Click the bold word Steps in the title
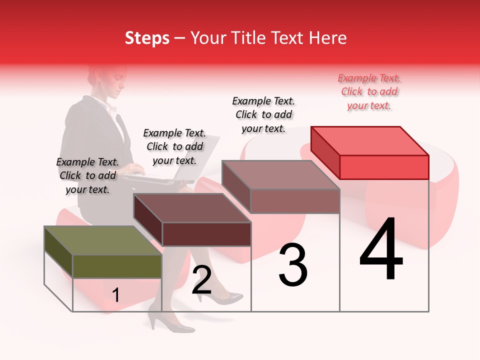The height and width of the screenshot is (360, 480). point(147,38)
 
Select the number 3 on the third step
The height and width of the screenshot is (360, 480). point(293,265)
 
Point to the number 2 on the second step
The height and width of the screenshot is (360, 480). point(201,280)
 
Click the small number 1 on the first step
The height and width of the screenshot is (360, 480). point(116,295)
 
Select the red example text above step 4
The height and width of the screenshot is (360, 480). point(369,91)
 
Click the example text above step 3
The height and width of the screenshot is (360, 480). point(263,114)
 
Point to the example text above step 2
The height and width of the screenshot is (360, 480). point(174,146)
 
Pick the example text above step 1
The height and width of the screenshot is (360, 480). point(87,175)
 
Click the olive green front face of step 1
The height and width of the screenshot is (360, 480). point(117,266)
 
